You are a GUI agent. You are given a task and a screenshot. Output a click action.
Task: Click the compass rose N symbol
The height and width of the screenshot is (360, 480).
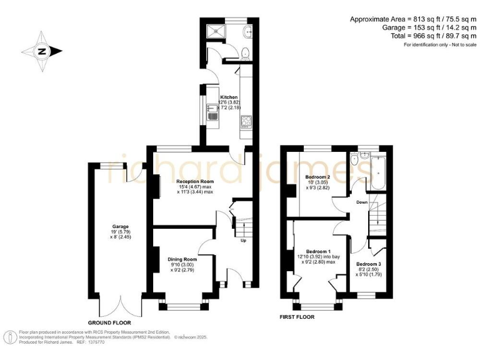point(41,51)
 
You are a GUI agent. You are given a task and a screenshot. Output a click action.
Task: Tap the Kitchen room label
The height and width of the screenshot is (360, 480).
point(229,97)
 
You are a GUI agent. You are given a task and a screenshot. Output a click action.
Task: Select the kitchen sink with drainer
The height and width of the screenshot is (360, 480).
point(212,113)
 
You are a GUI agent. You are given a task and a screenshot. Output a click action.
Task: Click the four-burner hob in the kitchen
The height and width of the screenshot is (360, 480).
point(246,122)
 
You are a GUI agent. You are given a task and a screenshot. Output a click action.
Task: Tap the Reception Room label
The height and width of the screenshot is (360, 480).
point(186,181)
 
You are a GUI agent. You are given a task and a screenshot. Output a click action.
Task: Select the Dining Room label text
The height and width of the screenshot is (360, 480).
point(182,259)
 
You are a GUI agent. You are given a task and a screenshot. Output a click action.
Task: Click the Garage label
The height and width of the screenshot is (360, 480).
point(120,226)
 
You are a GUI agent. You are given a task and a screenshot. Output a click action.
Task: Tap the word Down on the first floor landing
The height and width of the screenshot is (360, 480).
point(361,202)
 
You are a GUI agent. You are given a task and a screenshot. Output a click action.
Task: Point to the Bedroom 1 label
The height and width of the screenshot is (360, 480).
point(317,251)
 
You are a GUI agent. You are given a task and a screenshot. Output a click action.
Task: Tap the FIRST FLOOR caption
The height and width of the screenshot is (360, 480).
point(297,317)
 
